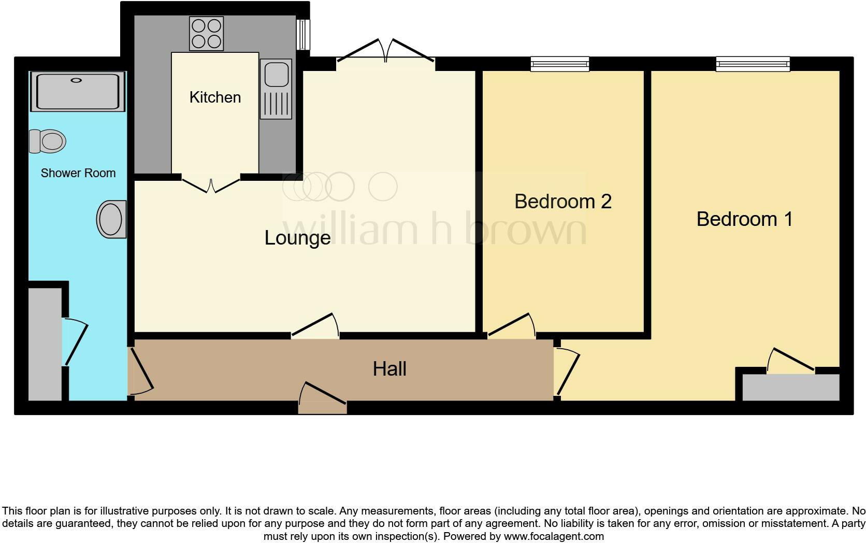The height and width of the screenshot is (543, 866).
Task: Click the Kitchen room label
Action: [x=215, y=97]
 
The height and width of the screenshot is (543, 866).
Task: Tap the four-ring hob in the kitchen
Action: [x=206, y=33]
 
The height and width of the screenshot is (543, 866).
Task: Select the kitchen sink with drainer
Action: [x=276, y=89]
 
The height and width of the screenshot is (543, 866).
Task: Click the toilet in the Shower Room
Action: [x=48, y=141]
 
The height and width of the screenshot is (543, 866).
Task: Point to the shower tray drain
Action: [x=77, y=80]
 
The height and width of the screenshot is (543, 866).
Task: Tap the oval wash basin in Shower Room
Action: [x=111, y=220]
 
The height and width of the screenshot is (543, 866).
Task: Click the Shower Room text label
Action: [x=78, y=173]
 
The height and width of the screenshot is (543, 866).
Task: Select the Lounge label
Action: [x=297, y=238]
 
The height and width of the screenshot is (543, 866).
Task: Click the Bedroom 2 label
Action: [x=563, y=202]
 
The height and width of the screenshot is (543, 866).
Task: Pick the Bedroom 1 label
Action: [x=744, y=219]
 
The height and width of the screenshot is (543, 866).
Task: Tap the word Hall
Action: [x=389, y=369]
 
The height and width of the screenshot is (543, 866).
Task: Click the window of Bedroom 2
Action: [x=560, y=64]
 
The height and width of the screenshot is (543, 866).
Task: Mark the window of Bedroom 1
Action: [x=753, y=64]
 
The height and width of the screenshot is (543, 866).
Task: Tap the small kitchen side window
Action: [x=303, y=35]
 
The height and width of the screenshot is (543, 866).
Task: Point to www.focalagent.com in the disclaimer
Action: [x=554, y=536]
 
